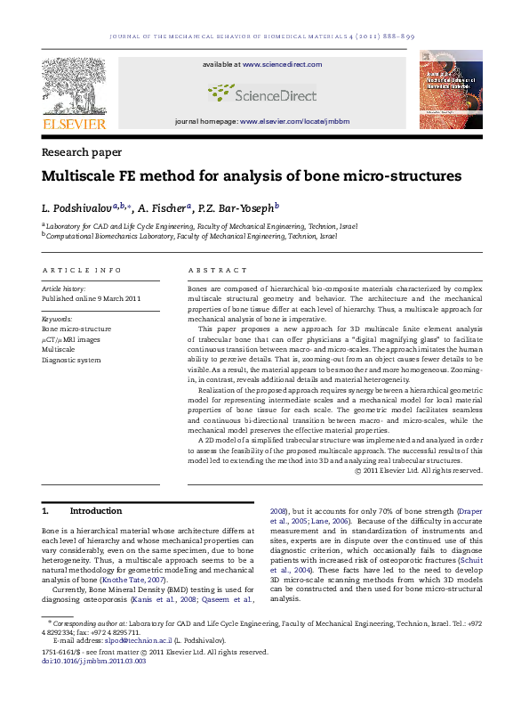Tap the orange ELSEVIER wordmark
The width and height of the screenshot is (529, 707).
74,124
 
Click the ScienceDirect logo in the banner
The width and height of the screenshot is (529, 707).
264,92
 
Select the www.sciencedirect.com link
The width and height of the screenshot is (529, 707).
282,65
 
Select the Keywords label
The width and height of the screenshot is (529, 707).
58,318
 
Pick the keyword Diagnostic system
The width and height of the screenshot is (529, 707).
72,360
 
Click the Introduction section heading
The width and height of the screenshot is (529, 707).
96,511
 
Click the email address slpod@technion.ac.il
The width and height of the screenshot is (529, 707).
126,639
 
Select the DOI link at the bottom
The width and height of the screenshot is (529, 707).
93,660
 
